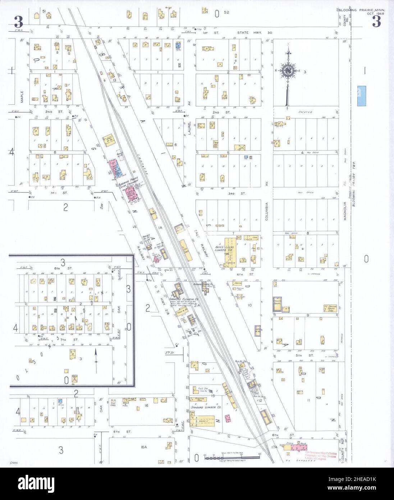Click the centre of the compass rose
(288, 71)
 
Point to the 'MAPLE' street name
(22, 96)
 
